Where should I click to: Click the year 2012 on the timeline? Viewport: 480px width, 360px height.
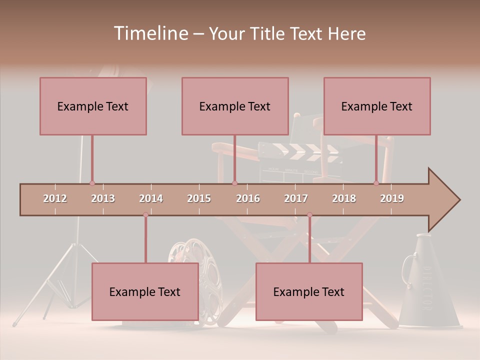[55, 198]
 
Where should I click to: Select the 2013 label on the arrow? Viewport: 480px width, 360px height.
[103, 198]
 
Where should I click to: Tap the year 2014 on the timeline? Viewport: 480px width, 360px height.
[151, 198]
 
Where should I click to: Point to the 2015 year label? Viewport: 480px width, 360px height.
[199, 198]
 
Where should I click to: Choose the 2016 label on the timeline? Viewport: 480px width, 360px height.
[248, 198]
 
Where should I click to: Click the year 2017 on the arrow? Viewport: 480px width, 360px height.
[296, 198]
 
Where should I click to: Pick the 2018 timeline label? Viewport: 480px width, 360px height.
[344, 198]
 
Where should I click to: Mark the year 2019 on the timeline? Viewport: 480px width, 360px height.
[392, 198]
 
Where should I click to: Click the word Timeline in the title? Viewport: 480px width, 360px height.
[150, 33]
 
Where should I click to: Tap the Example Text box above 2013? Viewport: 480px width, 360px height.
[93, 106]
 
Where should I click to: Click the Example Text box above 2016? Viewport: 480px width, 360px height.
[235, 106]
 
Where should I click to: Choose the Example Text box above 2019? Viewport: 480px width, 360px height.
[377, 106]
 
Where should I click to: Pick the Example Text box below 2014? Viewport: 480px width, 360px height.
[145, 291]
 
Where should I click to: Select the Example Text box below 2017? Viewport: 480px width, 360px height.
[309, 291]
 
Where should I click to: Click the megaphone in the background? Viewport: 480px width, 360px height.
[422, 285]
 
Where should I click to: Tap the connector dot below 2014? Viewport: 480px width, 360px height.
[145, 215]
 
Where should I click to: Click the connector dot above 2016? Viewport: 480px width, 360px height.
[234, 183]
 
